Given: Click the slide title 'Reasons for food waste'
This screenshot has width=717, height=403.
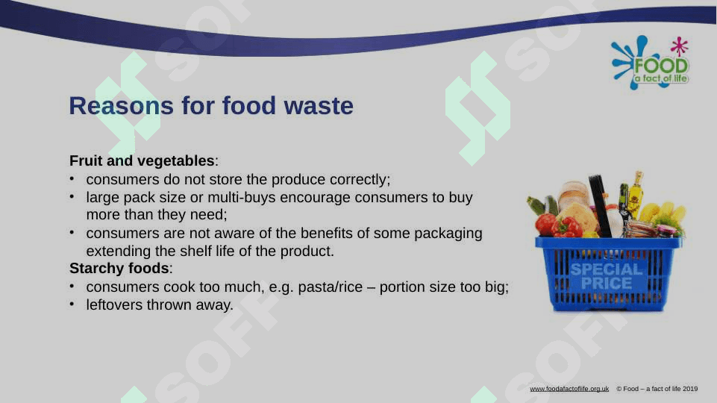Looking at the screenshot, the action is (211, 106).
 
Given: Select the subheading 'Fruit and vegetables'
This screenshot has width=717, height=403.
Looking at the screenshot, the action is (142, 160).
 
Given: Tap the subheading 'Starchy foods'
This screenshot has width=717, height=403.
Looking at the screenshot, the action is (119, 268).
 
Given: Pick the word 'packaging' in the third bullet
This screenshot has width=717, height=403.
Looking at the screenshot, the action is (448, 234).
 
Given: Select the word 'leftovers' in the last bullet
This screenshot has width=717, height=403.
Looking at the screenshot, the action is (114, 304).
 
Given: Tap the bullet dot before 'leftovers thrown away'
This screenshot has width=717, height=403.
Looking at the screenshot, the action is (72, 304).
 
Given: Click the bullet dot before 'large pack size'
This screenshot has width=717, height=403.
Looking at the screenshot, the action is (72, 196).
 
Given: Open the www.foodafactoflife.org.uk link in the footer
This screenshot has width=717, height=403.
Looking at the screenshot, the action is (569, 389).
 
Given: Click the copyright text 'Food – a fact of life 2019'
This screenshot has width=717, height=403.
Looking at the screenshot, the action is (660, 389).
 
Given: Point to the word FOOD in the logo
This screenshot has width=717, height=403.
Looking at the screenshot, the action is (661, 66).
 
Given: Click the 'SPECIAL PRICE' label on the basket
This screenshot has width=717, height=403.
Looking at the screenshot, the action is (607, 276).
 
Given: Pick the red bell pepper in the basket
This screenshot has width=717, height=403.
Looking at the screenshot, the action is (567, 228).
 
